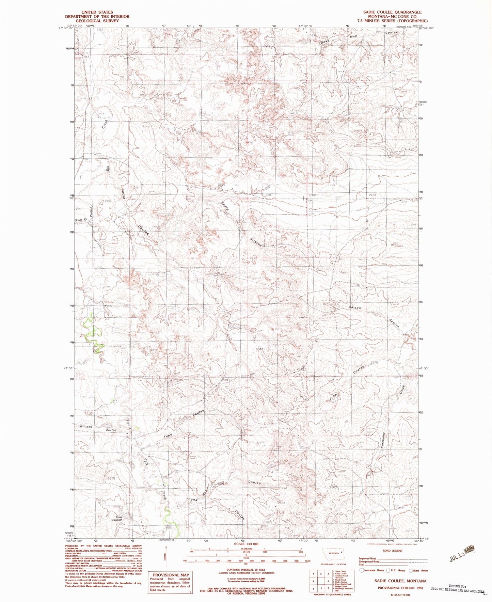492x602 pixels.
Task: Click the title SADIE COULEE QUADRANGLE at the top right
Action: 392,12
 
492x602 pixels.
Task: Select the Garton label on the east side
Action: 354,307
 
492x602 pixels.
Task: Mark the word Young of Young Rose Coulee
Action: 192,500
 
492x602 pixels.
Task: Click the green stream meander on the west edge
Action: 93,334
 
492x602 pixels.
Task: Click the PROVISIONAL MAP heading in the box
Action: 171,575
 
